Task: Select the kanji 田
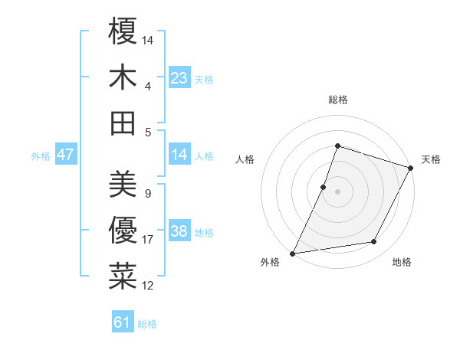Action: pyautogui.click(x=123, y=123)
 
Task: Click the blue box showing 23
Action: pyautogui.click(x=179, y=77)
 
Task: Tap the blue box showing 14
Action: pyautogui.click(x=179, y=155)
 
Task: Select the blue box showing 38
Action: pyautogui.click(x=179, y=231)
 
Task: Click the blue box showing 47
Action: pyautogui.click(x=65, y=155)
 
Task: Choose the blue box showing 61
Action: pyautogui.click(x=123, y=322)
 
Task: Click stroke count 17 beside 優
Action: pyautogui.click(x=148, y=240)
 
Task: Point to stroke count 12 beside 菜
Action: pyautogui.click(x=148, y=286)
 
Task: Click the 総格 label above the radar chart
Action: pyautogui.click(x=337, y=100)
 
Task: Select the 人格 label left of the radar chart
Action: pyautogui.click(x=245, y=159)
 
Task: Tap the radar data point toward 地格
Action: pyautogui.click(x=374, y=242)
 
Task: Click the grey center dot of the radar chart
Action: pyautogui.click(x=337, y=191)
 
